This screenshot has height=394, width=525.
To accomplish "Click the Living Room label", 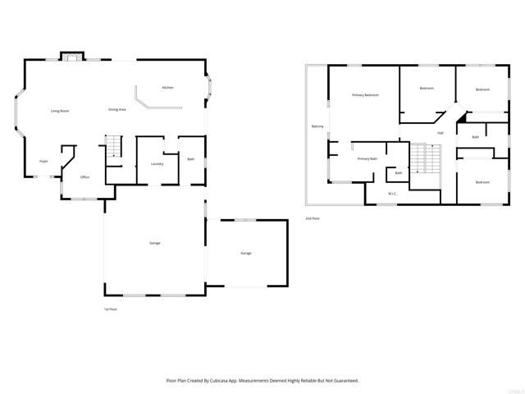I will point(59,110).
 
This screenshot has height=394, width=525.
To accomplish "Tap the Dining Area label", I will point(116,109).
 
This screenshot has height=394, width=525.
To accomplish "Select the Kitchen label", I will point(168,87).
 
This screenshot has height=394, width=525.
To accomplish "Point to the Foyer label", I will point(43,161).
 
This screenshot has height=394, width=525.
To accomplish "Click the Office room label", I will point(84,176).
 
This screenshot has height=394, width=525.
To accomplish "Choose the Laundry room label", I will point(157,163).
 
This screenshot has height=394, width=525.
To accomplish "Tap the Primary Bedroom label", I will point(365,95).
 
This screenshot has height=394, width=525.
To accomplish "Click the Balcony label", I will point(317,126).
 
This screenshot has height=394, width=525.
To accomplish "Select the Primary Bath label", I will point(367,158).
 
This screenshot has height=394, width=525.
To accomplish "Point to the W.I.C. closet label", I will point(392,194).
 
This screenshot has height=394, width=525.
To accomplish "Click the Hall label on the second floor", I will point(441,132).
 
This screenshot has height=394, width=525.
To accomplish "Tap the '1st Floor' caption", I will point(110,309).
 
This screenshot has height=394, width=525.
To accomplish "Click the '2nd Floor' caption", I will point(313,218).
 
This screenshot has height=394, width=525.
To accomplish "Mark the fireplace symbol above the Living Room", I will point(71,57).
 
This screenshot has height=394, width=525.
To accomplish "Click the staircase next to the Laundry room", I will point(114,147).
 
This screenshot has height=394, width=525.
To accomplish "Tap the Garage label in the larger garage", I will point(154,244).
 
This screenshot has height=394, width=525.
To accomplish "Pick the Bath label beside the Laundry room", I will point(190,158).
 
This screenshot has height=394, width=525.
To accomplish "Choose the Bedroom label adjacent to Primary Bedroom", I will point(427,88).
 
